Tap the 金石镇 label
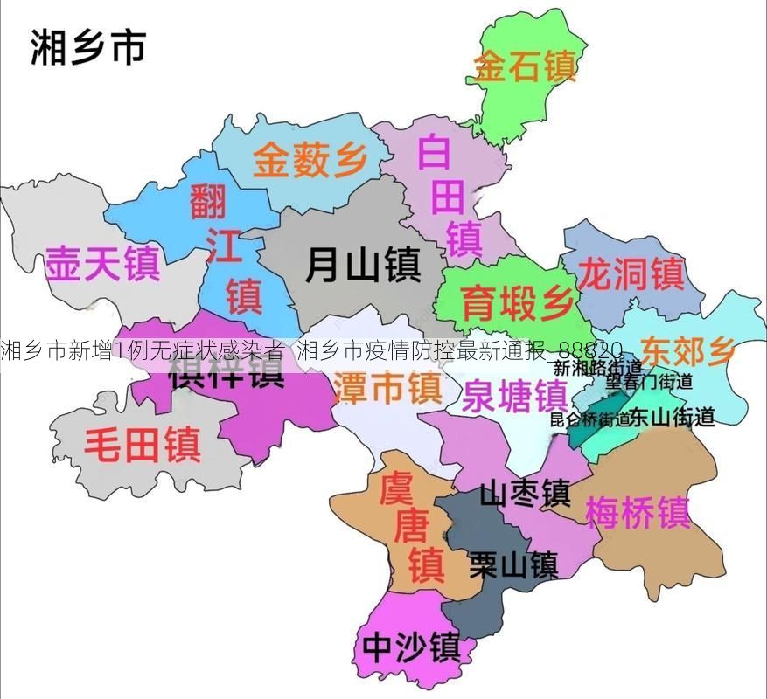click(x=524, y=66)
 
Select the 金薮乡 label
click(x=310, y=161)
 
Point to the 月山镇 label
click(x=363, y=263)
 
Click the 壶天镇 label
click(x=102, y=262)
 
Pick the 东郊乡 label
click(x=687, y=350)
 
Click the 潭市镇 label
click(x=387, y=387)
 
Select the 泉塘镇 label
click(x=515, y=398)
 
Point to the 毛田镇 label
click(x=142, y=444)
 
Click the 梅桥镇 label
click(x=638, y=512)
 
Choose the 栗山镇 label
click(x=513, y=564)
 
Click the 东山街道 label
click(x=672, y=418)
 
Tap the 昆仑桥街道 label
click(x=589, y=419)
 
